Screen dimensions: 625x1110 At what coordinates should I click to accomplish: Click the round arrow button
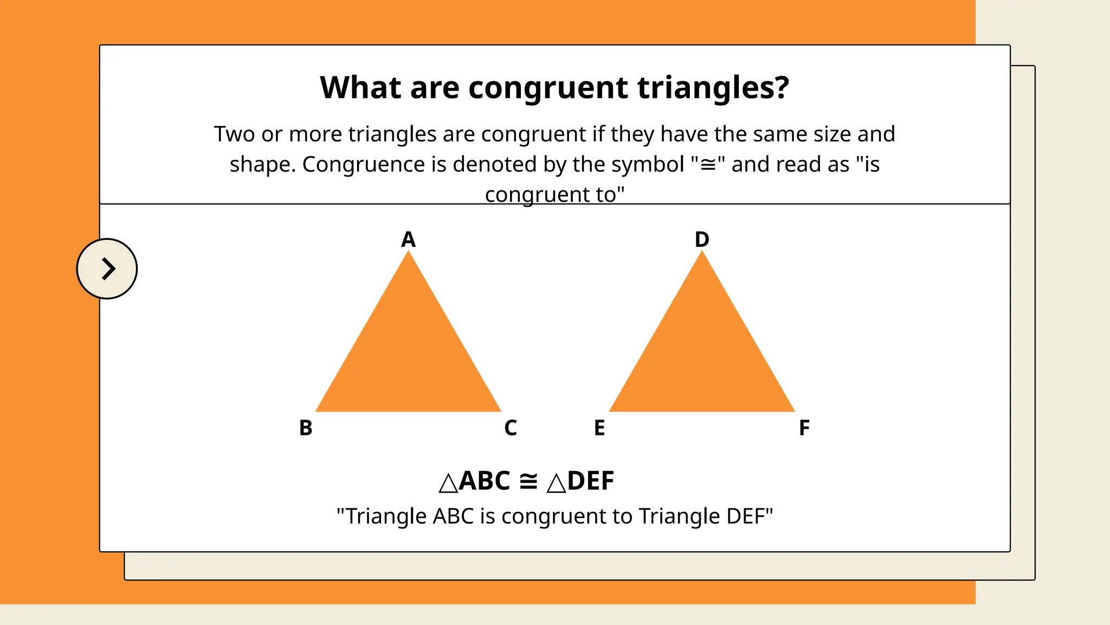[107, 269]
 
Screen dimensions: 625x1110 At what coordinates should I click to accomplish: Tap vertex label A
[408, 239]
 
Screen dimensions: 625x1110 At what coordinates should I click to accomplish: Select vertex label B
[306, 428]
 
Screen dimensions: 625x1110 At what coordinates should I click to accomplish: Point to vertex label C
[511, 428]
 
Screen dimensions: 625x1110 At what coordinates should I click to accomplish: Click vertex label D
[702, 239]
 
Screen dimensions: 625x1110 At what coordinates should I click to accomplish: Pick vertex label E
[599, 428]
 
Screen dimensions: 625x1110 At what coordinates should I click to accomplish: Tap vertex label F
[804, 428]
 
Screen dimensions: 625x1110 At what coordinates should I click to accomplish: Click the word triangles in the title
[713, 88]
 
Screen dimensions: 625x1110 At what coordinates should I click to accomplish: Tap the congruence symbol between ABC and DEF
[528, 481]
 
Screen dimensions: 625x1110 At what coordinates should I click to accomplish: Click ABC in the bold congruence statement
[484, 481]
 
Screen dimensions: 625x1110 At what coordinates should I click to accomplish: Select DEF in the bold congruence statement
[591, 481]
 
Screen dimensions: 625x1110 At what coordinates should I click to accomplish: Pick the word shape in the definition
[262, 164]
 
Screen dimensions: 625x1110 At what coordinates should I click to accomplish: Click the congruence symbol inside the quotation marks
[708, 165]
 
